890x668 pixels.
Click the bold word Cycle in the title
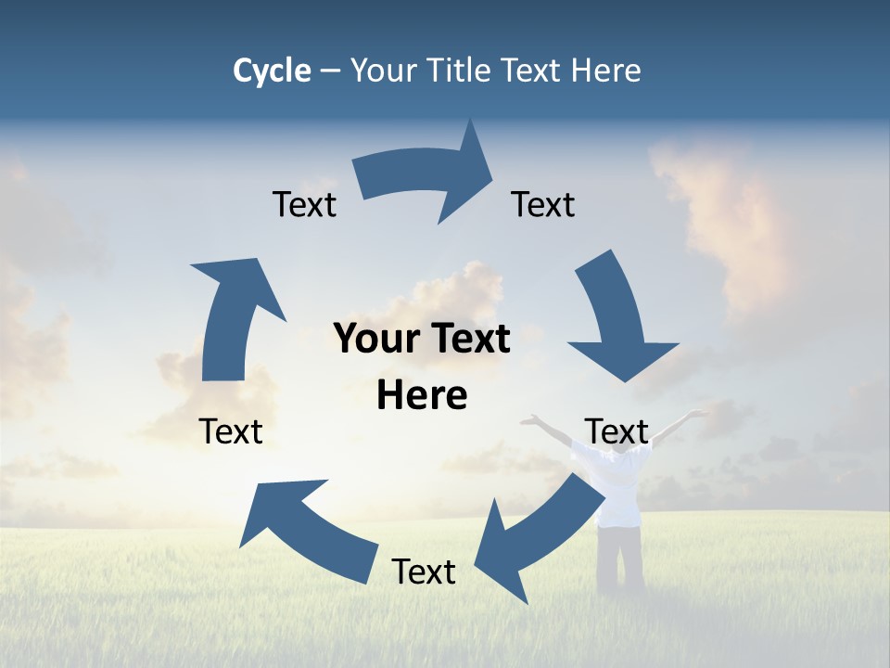coord(272,71)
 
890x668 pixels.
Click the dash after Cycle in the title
coord(330,71)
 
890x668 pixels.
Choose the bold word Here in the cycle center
coord(422,396)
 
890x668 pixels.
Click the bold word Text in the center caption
coord(464,340)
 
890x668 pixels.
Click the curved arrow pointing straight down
coord(617,320)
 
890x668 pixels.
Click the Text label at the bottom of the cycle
coord(424,572)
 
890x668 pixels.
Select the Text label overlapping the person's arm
coord(617,431)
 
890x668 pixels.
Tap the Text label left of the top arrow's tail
coord(304,205)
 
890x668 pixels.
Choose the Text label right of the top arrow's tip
coord(543,205)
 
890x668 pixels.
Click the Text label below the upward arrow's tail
coord(231,431)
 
